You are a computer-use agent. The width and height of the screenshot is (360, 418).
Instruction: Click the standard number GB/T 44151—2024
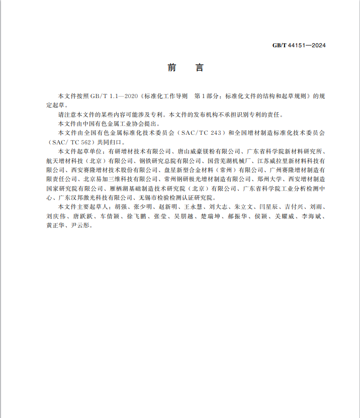click(299, 45)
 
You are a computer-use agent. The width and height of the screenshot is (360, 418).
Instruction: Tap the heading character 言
click(199, 68)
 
